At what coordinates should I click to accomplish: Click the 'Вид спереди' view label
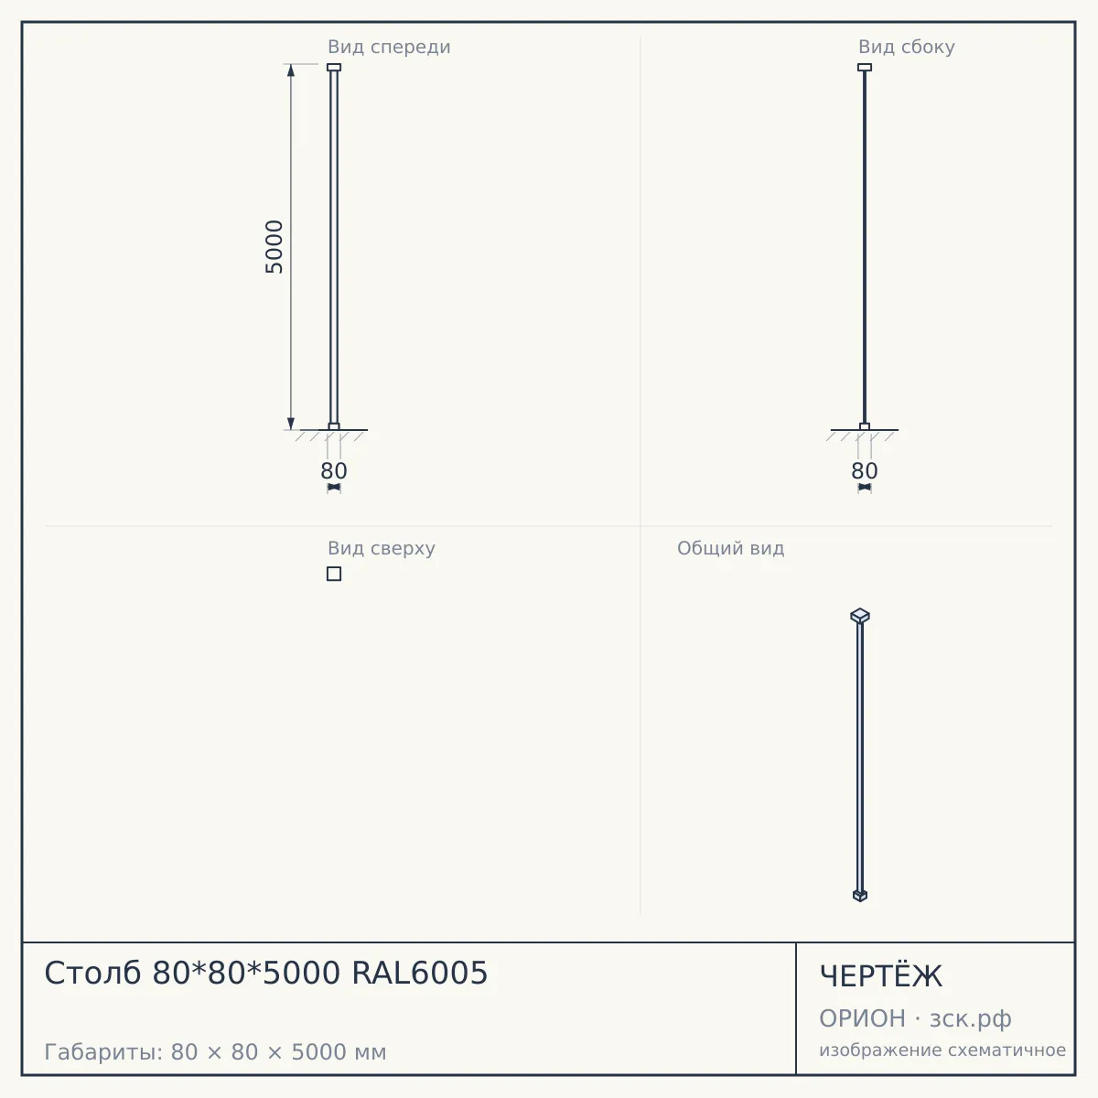point(389,47)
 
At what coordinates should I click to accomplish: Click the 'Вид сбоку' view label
point(907,47)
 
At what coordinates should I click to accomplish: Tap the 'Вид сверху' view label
point(382,548)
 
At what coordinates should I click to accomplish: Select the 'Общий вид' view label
point(730,548)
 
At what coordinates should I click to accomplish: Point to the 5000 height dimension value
point(274,247)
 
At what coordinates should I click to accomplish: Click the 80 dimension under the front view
point(334,471)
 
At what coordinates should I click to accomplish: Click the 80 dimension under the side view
point(865,471)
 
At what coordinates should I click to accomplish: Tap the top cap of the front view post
point(334,67)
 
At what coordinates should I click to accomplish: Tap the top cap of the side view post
point(865,67)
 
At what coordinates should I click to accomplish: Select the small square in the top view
point(334,574)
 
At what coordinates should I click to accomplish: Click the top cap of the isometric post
point(860,616)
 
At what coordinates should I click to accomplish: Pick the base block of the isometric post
point(860,896)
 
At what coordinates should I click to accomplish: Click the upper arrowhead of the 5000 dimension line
point(291,70)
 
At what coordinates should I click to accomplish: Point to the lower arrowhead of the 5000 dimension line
point(291,424)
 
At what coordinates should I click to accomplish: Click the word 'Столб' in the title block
point(92,974)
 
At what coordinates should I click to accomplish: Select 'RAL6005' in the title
point(420,974)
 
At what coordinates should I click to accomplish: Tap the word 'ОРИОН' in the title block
point(862,1018)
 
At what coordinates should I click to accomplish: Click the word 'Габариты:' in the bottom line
point(104,1052)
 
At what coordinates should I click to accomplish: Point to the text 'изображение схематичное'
point(942,1050)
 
